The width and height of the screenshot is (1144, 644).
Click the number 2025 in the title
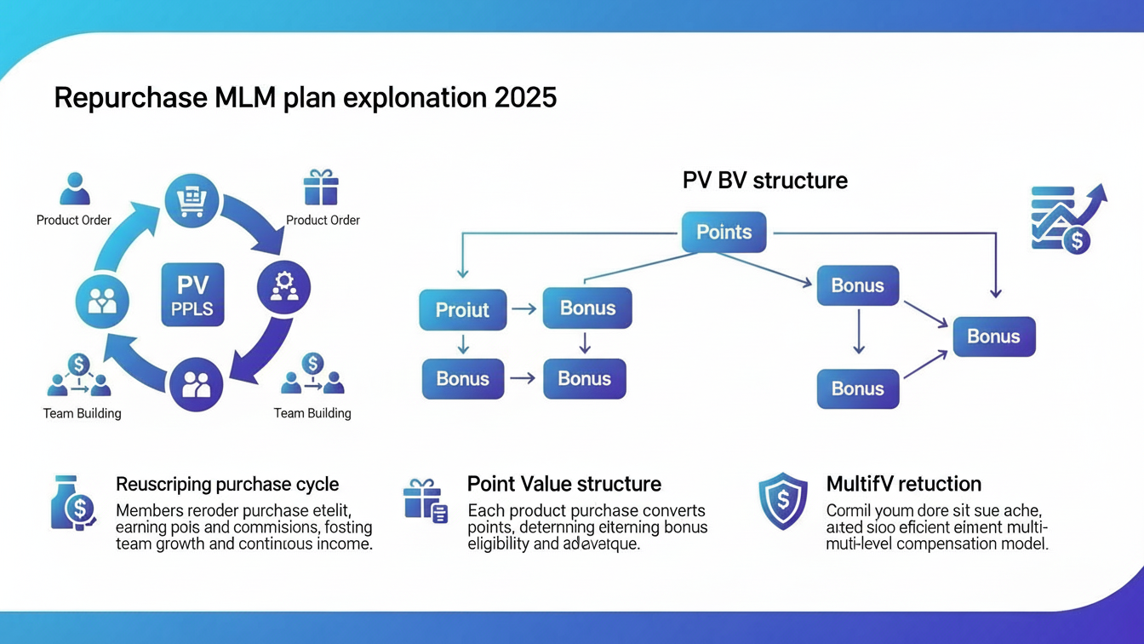(x=525, y=97)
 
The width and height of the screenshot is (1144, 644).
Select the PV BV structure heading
(x=764, y=181)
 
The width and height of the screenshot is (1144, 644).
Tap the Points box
(x=724, y=232)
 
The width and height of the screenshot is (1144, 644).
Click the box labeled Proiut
(x=462, y=309)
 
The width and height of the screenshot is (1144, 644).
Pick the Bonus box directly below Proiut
(x=462, y=378)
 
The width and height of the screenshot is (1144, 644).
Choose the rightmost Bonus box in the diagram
(x=993, y=336)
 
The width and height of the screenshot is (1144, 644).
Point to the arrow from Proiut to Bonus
(x=523, y=309)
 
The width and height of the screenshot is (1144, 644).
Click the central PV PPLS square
(x=193, y=295)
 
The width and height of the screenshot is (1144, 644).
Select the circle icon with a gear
(x=283, y=287)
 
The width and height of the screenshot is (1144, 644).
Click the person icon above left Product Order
(x=74, y=188)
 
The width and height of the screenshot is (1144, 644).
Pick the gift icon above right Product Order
(x=321, y=187)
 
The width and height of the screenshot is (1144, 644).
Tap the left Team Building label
(x=82, y=413)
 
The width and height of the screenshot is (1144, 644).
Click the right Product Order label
(x=323, y=220)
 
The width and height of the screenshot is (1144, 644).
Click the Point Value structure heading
(x=563, y=484)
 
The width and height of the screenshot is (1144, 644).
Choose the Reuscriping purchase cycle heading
(x=227, y=484)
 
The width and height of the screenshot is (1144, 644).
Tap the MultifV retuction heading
(x=903, y=484)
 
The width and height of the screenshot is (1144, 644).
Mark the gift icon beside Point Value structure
(x=425, y=501)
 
